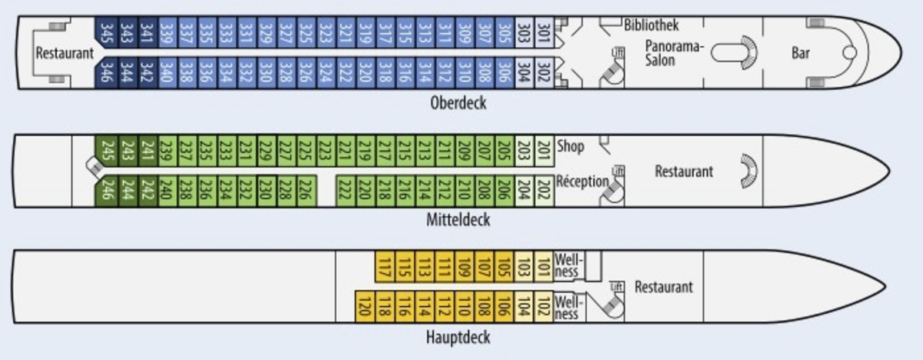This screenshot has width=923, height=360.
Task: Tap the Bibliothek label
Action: (651, 25)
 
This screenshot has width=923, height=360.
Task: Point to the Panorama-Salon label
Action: (675, 52)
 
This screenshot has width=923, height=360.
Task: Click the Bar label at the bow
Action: (801, 52)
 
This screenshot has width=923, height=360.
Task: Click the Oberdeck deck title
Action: (458, 102)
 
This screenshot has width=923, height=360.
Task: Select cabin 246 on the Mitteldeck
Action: (105, 189)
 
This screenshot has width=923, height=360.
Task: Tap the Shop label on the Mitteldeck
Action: (570, 146)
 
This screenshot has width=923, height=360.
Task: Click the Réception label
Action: (582, 182)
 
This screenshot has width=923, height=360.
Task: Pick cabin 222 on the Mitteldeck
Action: (345, 189)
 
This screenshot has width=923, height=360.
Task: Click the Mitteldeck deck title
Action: (458, 220)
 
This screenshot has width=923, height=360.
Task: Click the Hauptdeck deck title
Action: (458, 337)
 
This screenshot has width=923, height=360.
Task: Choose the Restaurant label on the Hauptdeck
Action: (663, 287)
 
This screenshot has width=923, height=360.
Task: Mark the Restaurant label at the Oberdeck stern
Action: (65, 54)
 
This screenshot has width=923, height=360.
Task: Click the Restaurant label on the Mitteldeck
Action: (684, 172)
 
